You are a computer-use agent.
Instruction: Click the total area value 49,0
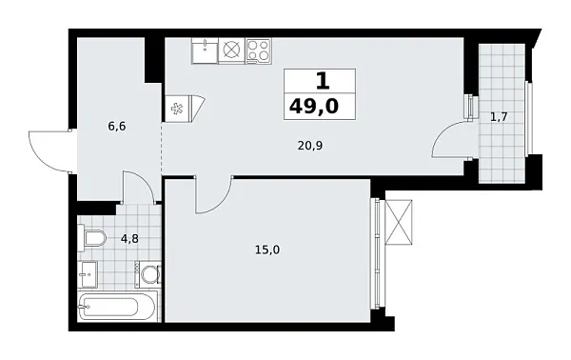[x=319, y=103]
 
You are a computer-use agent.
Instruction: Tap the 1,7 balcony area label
[x=498, y=117]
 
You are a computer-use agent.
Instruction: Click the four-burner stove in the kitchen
[x=258, y=51]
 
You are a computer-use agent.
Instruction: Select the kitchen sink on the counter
[x=205, y=50]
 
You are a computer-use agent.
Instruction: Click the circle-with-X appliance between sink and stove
[x=231, y=51]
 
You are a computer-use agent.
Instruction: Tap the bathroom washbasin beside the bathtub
[x=91, y=277]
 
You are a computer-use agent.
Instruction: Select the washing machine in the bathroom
[x=148, y=276]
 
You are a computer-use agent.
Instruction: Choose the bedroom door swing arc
[x=213, y=195]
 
